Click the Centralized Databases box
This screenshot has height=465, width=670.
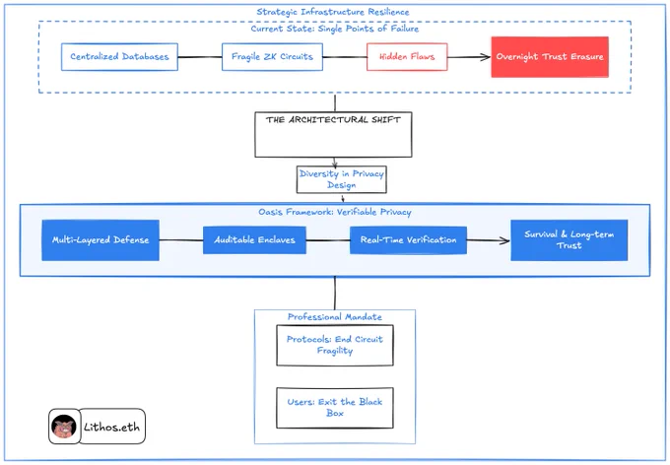click(x=119, y=56)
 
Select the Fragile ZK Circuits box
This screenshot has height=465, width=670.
click(x=272, y=56)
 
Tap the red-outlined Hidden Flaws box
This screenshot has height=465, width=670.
click(x=407, y=56)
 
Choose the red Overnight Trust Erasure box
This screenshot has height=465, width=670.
click(x=550, y=57)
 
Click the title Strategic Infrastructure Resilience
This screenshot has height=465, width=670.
click(x=333, y=12)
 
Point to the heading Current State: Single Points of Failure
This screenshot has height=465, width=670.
click(x=335, y=29)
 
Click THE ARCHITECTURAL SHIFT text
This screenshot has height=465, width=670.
click(x=333, y=119)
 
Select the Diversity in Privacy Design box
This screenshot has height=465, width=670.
click(x=342, y=179)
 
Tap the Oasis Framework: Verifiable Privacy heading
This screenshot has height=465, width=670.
click(x=335, y=212)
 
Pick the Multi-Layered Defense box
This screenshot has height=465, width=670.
click(x=100, y=240)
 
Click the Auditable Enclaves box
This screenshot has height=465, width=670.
click(x=254, y=240)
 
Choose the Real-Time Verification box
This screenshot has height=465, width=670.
click(x=408, y=240)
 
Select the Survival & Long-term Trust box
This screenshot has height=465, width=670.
click(x=569, y=240)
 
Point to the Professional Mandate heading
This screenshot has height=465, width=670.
click(x=335, y=316)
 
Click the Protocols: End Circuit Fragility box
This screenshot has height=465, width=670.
click(x=335, y=346)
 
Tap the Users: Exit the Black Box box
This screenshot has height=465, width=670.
click(x=335, y=408)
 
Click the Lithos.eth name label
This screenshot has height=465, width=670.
click(x=112, y=427)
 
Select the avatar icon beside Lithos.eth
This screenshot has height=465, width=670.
click(x=64, y=427)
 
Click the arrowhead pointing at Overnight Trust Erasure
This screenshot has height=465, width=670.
click(x=487, y=57)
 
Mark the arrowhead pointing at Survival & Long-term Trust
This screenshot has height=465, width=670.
click(x=505, y=240)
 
